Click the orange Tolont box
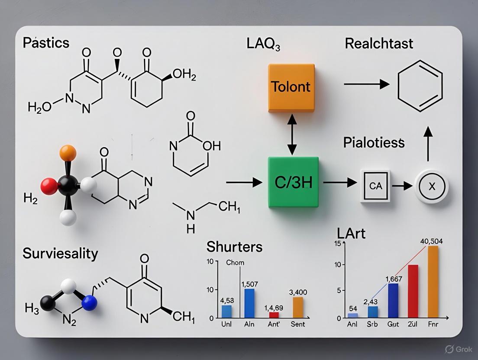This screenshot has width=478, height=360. point(291,87)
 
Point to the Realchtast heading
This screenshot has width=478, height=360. point(379,43)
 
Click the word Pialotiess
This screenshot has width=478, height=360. point(374,142)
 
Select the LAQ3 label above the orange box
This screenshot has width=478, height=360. point(263,44)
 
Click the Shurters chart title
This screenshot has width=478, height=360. point(234,247)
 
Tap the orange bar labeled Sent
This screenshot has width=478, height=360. point(298,307)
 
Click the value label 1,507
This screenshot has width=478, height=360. point(249,284)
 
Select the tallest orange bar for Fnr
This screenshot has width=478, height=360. point(433,282)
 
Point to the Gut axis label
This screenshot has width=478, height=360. point(393,324)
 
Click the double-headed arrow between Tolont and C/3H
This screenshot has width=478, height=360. point(291,135)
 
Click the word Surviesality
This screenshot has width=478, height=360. point(60,253)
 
